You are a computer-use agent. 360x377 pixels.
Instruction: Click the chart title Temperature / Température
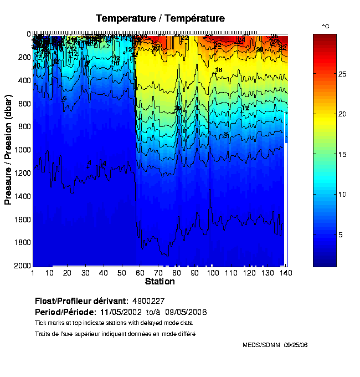(x=160, y=18)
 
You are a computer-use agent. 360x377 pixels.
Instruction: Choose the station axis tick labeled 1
(x=33, y=273)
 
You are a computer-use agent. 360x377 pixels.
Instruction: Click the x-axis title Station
(x=160, y=282)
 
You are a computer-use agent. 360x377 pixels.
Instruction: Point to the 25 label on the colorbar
(x=342, y=74)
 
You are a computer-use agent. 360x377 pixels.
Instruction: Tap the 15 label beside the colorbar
(x=342, y=154)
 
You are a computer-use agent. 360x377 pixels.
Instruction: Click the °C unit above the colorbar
(x=326, y=26)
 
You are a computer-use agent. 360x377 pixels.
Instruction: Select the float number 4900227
(x=150, y=301)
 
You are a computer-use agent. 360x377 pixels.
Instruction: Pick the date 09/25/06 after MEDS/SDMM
(x=296, y=345)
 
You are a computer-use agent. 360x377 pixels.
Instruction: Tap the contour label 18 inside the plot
(x=218, y=70)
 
